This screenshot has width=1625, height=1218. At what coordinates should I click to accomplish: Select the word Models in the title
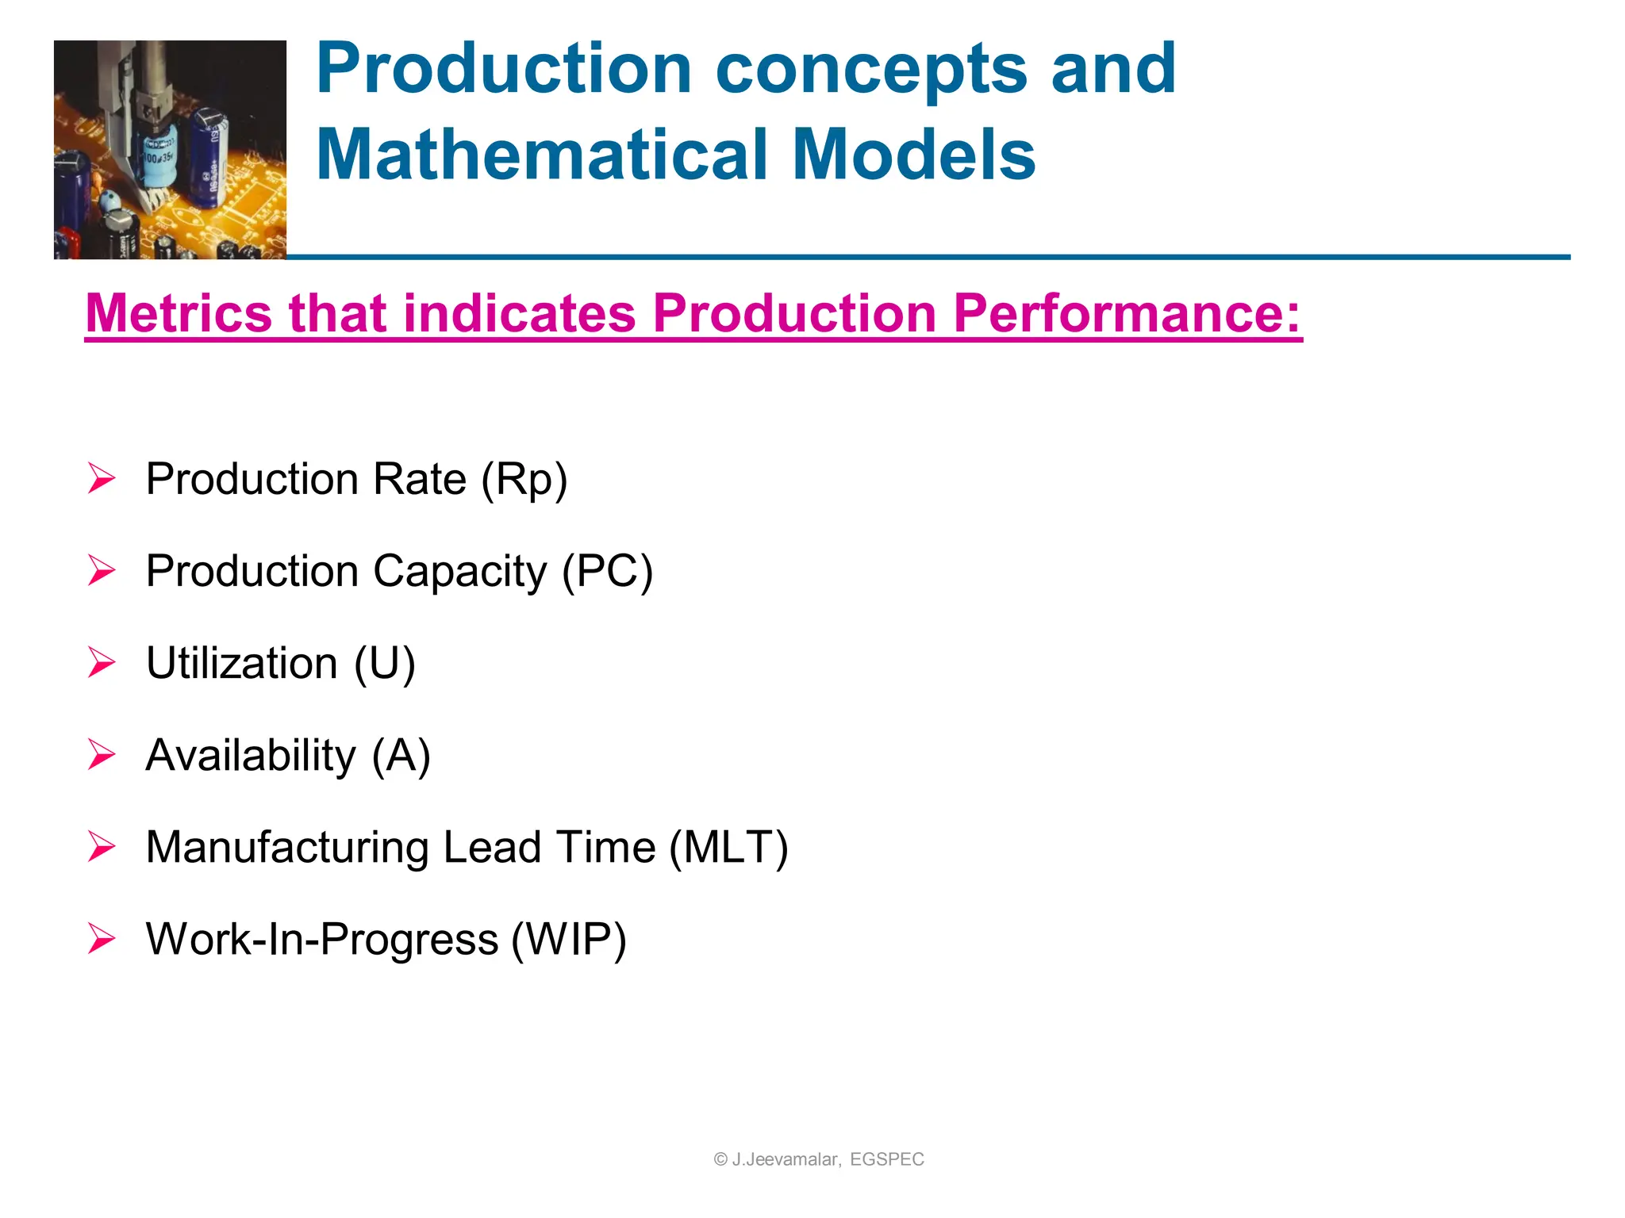point(913,154)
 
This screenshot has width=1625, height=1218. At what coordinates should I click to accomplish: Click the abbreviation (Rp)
point(524,480)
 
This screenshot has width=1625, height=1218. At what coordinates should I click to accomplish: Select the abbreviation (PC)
point(607,572)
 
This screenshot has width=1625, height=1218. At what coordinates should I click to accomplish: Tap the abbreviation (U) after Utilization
point(384,664)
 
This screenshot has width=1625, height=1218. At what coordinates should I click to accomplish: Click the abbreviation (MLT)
point(728,848)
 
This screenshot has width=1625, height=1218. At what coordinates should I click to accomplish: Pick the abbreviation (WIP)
point(569,940)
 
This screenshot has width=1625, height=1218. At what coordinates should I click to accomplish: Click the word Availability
point(251,756)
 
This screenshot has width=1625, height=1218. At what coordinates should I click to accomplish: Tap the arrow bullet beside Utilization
point(102,663)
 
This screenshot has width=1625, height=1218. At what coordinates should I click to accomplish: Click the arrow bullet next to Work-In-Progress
point(102,939)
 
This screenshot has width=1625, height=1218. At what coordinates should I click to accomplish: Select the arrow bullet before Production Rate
point(102,479)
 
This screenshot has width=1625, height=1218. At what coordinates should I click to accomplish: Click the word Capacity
point(460,572)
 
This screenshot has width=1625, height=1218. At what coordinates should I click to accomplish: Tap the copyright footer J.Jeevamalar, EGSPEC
point(819,1159)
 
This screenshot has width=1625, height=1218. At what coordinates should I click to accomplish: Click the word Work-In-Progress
point(322,940)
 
